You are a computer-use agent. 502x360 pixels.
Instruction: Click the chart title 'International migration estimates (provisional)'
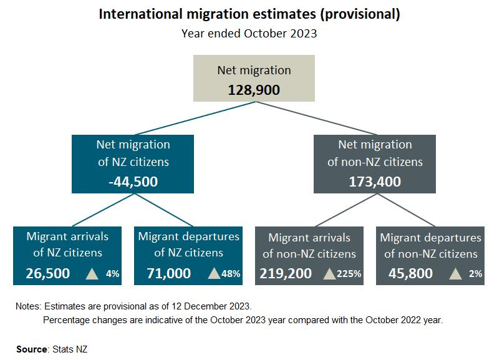click(x=249, y=14)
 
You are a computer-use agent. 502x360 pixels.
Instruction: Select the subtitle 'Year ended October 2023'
click(x=249, y=34)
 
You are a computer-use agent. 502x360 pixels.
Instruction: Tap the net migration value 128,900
click(x=254, y=89)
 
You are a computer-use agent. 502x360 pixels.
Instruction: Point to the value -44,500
click(x=133, y=182)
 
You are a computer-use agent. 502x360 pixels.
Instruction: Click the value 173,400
click(x=375, y=182)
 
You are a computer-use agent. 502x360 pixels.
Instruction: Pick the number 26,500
click(x=48, y=273)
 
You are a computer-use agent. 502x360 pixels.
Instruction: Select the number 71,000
click(x=168, y=273)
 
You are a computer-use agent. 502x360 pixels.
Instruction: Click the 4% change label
click(x=113, y=273)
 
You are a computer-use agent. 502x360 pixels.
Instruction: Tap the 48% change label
click(x=232, y=273)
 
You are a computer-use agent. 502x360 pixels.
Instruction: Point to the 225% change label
click(x=350, y=273)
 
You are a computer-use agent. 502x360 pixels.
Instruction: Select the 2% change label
click(x=475, y=273)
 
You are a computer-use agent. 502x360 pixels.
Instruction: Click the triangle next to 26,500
click(x=92, y=273)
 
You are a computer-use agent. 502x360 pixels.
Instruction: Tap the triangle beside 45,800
click(x=456, y=273)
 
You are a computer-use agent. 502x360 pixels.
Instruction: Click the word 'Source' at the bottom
click(x=32, y=349)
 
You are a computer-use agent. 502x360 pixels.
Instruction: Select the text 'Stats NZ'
click(x=70, y=349)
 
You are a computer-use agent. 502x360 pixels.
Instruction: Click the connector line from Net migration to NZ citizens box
click(x=193, y=118)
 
